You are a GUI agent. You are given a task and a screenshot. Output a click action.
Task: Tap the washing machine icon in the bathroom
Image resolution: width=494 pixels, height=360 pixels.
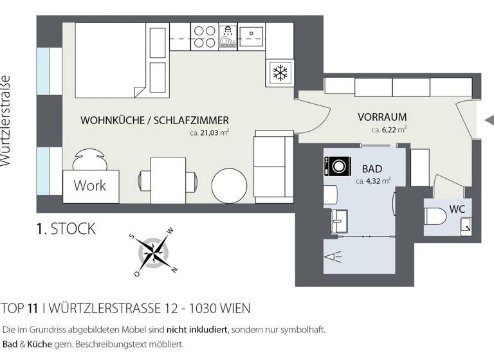point(336,166)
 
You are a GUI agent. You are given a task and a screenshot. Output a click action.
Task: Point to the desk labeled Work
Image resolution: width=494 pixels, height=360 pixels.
point(91,186)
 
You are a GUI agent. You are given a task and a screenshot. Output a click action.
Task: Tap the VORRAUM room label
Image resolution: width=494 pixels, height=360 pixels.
point(382,118)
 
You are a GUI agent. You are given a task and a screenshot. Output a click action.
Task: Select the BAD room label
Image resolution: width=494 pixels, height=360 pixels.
point(372,169)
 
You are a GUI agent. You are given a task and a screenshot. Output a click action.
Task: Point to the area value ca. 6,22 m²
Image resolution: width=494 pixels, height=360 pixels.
point(389,130)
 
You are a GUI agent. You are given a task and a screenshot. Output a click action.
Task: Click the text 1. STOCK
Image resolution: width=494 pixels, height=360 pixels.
point(66,228)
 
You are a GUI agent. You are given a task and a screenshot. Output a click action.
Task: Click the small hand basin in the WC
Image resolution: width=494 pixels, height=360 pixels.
point(466,224)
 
